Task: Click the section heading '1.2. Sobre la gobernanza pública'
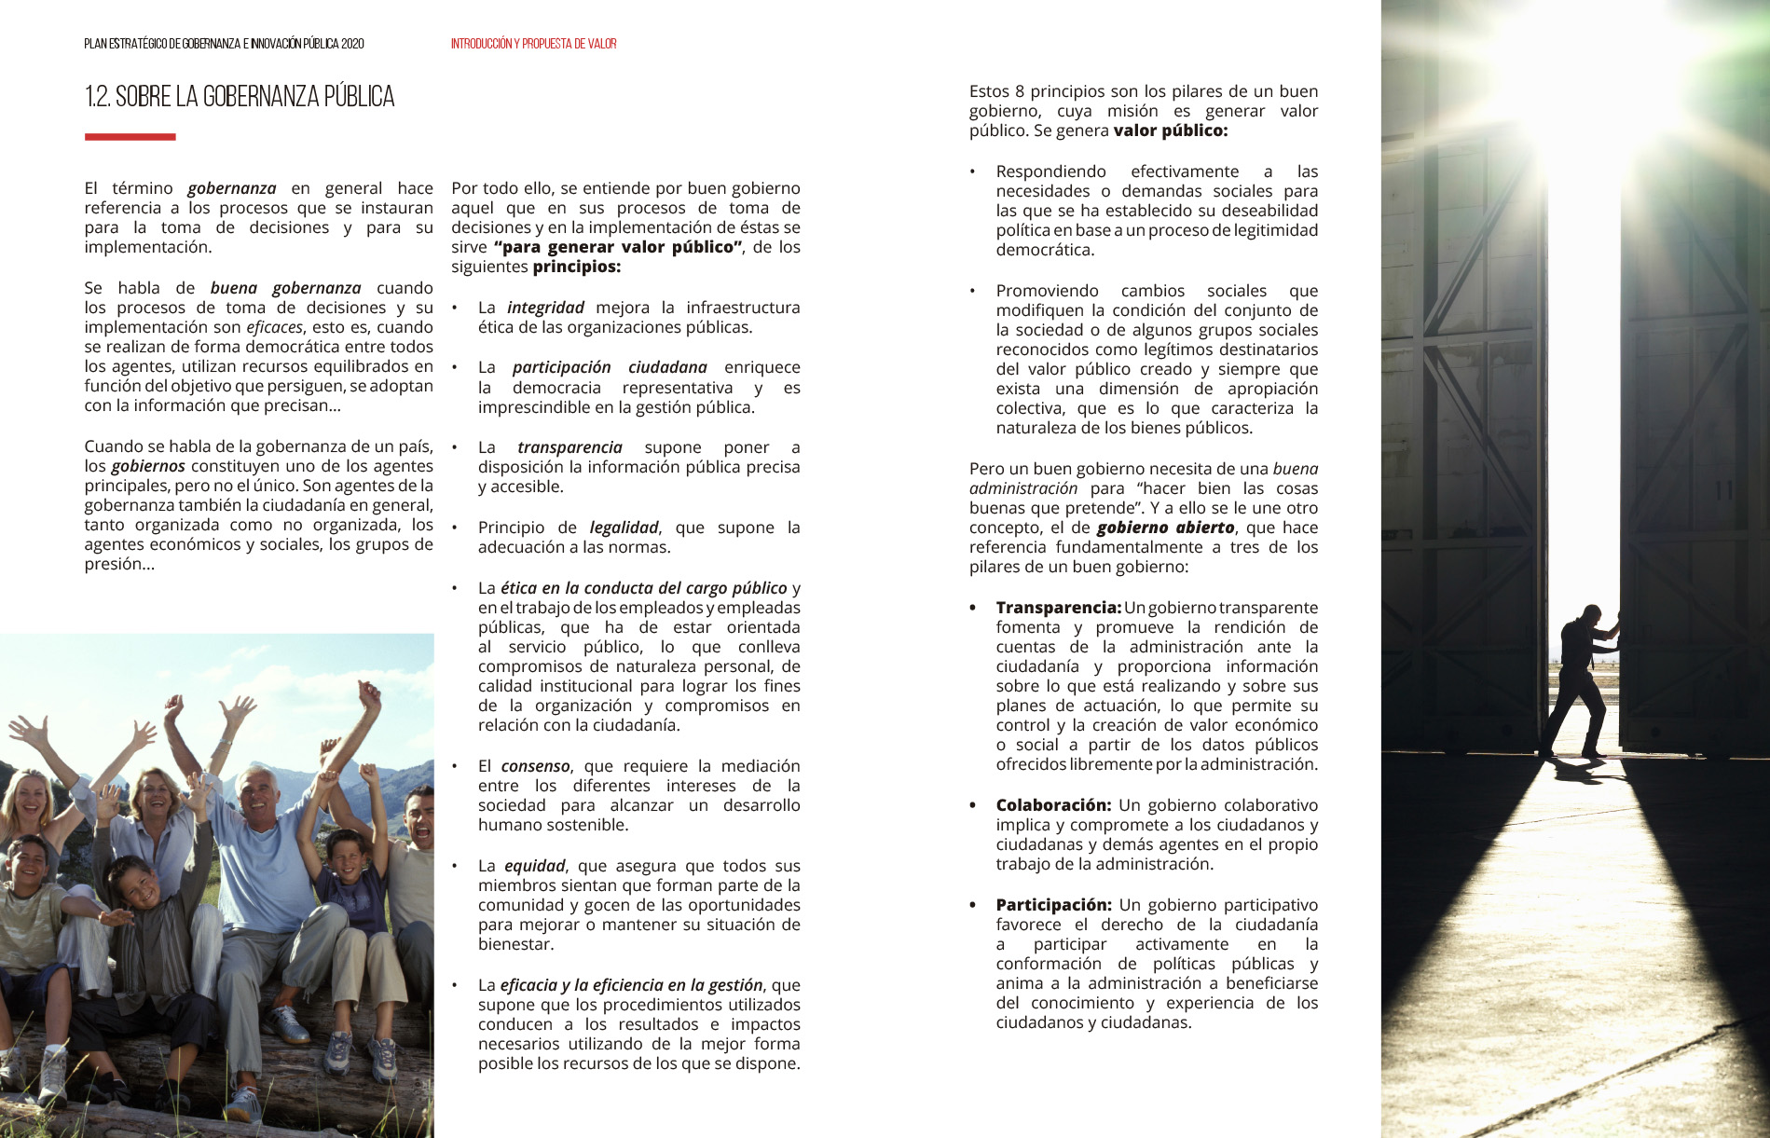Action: click(x=240, y=97)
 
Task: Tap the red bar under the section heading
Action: click(x=130, y=137)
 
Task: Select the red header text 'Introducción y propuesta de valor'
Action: click(x=533, y=44)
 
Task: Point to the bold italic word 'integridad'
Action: click(x=545, y=308)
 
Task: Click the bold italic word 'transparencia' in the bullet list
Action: click(x=569, y=447)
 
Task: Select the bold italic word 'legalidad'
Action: click(x=624, y=528)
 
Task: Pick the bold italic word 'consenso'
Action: click(x=535, y=766)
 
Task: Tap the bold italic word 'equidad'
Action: click(x=534, y=866)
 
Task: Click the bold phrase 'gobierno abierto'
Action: click(x=1165, y=528)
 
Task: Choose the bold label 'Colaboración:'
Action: click(x=1053, y=805)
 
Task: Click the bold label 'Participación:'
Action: click(x=1053, y=905)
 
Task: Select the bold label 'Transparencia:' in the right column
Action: click(x=1058, y=608)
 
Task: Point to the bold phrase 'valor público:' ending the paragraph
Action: click(x=1170, y=130)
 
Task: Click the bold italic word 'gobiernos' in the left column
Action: click(x=148, y=466)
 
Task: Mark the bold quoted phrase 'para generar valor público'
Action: click(x=618, y=247)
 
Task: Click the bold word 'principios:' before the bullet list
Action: click(x=576, y=267)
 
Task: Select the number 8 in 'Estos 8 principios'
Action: click(x=1020, y=91)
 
